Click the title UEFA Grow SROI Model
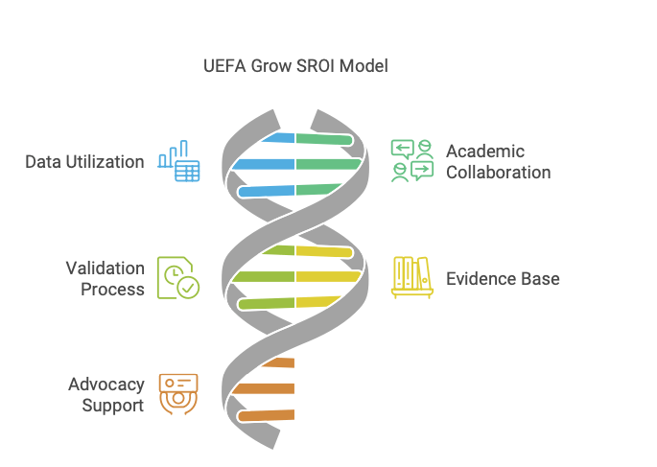pos(296,66)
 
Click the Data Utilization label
pos(84,162)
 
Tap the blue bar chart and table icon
pos(179,162)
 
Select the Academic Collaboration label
pos(498,162)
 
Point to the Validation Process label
pos(106,278)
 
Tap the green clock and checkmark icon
pos(178,278)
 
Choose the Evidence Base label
pos(503,279)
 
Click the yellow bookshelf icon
pos(411,277)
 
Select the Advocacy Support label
pos(106,394)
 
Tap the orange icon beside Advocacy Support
pos(178,394)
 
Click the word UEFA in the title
pos(224,66)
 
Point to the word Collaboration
pos(498,173)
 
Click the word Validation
pos(106,268)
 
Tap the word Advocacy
pos(106,384)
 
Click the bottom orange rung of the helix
pos(267,415)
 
